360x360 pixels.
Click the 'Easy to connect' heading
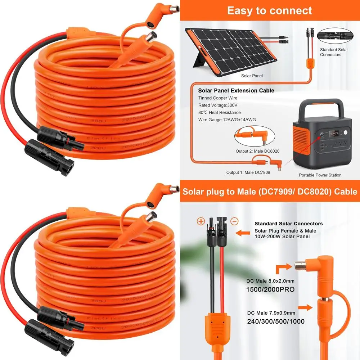coord(270,10)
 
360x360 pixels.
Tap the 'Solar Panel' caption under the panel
coord(252,76)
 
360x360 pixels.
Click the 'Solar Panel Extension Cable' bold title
coord(236,90)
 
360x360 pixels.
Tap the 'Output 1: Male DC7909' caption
coord(248,172)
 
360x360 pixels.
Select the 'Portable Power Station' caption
coord(320,175)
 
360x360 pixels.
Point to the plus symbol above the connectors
coord(201,221)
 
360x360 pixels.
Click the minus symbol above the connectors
coord(234,221)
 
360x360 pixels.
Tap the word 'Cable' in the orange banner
coord(346,191)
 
